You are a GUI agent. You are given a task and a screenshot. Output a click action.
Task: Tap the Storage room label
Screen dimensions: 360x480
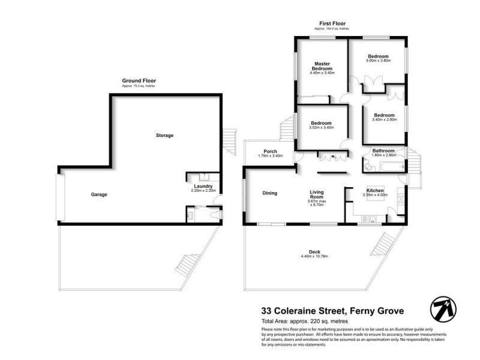point(164,136)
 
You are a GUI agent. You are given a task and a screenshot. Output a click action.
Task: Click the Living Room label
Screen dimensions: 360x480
point(317,196)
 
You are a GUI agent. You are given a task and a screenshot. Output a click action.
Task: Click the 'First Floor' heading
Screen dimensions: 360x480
point(332,24)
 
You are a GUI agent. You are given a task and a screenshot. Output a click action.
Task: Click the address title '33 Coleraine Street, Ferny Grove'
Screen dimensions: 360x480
point(332,311)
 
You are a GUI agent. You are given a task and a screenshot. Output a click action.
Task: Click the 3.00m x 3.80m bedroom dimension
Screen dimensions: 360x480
point(379,61)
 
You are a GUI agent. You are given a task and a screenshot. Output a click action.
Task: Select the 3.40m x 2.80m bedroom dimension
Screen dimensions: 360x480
point(383,119)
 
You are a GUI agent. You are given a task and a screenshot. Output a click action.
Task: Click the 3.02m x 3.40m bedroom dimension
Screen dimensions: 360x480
point(321,128)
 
